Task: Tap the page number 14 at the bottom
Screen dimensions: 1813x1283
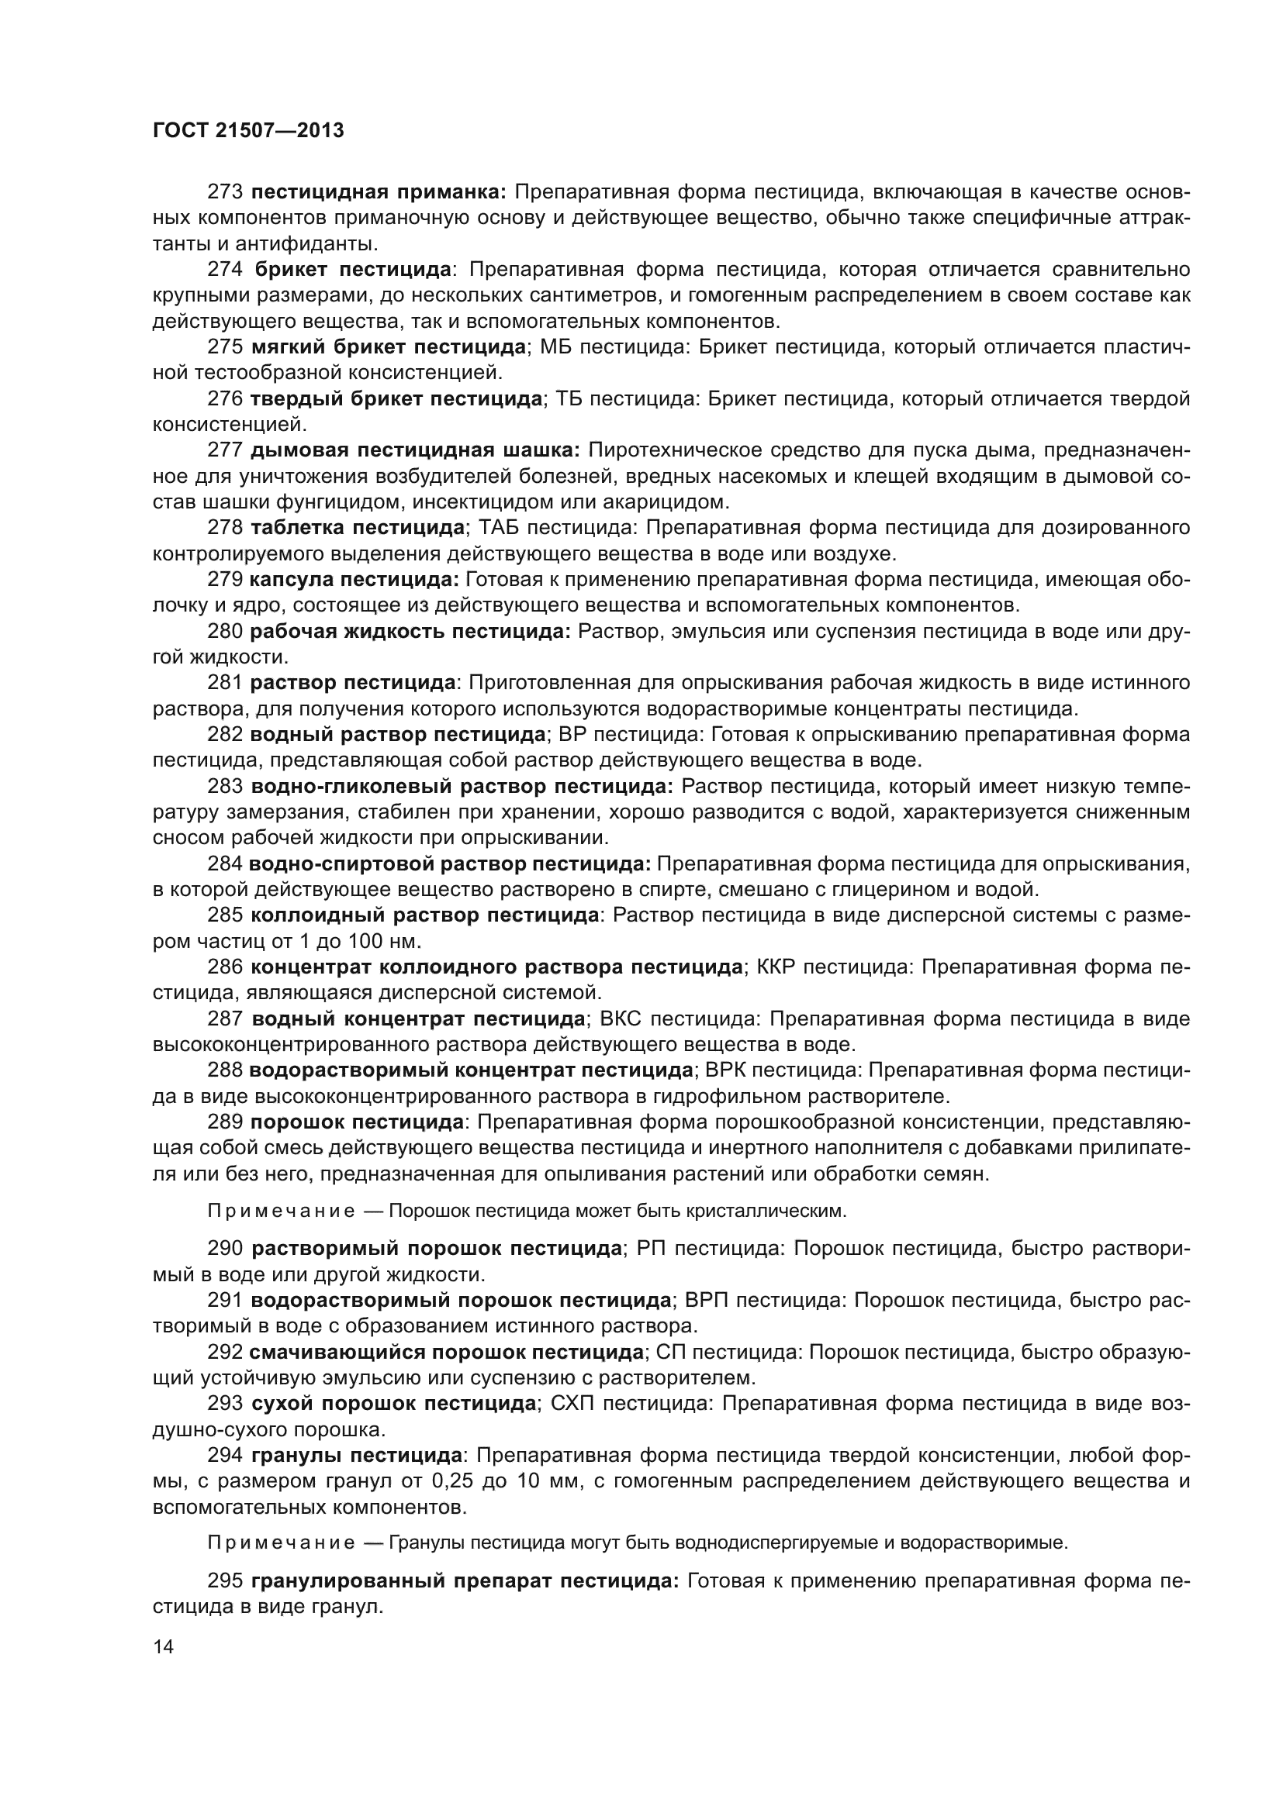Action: (x=163, y=1646)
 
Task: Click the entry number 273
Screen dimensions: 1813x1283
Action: (x=225, y=192)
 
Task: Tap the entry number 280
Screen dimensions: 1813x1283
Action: (x=225, y=631)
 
